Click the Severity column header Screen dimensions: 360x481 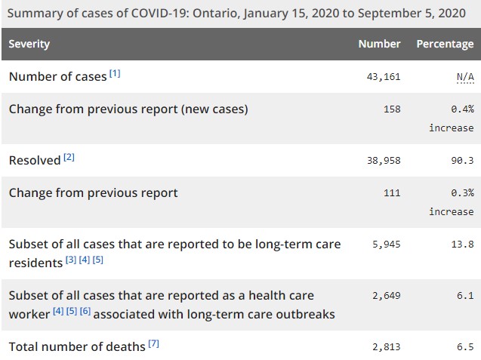tap(29, 44)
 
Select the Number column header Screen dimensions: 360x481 tap(379, 44)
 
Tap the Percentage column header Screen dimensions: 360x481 tap(445, 44)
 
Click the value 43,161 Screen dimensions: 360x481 tap(382, 76)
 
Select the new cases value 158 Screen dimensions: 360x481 tap(391, 109)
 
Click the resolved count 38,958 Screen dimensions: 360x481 tap(382, 160)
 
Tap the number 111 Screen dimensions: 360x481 tap(391, 193)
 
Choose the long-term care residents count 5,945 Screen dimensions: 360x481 tap(385, 245)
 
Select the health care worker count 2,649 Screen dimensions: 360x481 tap(385, 296)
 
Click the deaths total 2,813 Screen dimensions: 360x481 tap(385, 346)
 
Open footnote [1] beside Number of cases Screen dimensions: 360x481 tap(115, 73)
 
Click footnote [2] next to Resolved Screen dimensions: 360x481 tap(69, 158)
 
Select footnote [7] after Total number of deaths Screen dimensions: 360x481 tap(154, 344)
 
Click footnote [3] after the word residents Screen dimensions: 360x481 tap(70, 260)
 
